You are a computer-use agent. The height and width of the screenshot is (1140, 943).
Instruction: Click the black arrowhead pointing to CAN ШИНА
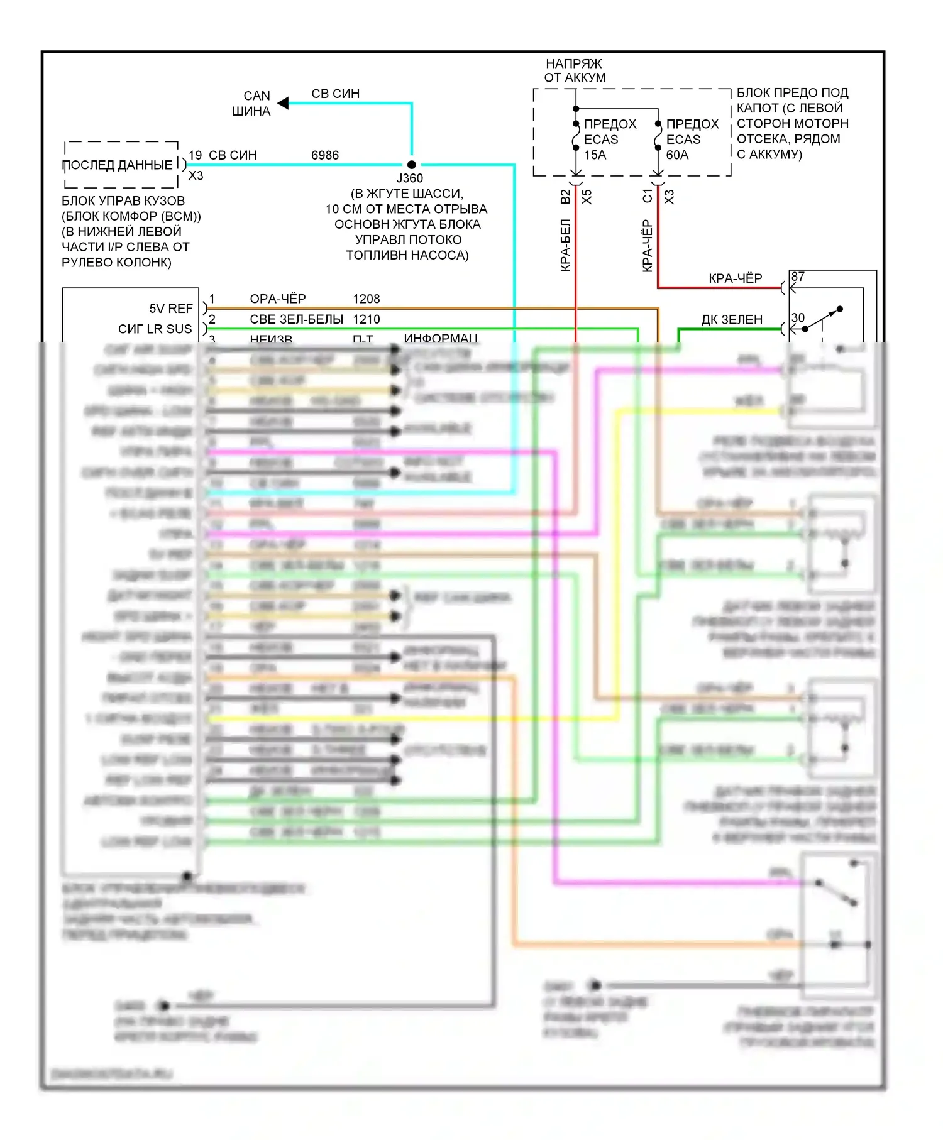pos(284,103)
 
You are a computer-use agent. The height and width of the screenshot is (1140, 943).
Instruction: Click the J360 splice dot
pos(411,165)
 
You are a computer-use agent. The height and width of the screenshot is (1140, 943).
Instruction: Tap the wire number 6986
pos(325,155)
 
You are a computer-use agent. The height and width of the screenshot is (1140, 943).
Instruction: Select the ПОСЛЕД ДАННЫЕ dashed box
pos(121,165)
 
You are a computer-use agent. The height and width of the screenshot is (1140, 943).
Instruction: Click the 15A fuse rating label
pos(595,155)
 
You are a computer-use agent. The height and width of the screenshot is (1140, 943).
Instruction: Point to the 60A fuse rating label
pos(677,155)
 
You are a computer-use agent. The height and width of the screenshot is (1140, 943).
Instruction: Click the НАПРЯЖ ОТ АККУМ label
pos(575,70)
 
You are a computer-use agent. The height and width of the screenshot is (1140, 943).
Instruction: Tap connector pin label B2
pos(565,197)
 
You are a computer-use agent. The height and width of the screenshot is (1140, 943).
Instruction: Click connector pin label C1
pos(648,197)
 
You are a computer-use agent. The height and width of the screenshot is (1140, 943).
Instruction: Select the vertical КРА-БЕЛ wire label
pos(565,245)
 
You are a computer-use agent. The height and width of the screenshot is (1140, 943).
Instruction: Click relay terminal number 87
pos(798,277)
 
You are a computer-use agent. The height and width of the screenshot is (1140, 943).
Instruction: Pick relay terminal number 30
pos(798,317)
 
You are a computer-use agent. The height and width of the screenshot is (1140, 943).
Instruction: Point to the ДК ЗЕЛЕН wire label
pos(732,320)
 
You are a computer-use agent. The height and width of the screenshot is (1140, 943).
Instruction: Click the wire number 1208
pos(367,299)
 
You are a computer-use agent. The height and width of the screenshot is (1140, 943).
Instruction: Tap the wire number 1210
pos(367,319)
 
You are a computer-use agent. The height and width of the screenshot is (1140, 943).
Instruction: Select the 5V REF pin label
pos(171,309)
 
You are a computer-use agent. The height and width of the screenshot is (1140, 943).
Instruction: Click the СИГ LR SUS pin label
pos(155,329)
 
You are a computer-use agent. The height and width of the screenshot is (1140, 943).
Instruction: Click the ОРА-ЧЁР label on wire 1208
pos(278,299)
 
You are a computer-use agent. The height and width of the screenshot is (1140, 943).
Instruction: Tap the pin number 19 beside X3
pos(195,155)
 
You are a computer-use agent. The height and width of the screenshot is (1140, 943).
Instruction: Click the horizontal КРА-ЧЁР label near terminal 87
pos(735,278)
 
